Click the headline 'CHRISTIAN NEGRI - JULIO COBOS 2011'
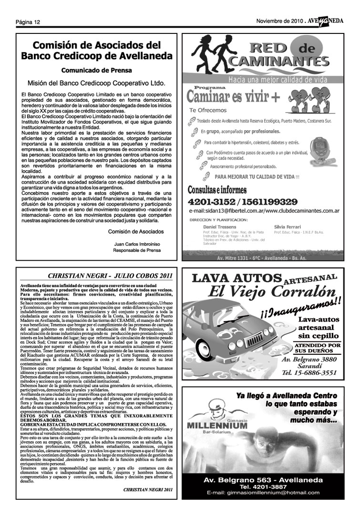coord(110,276)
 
